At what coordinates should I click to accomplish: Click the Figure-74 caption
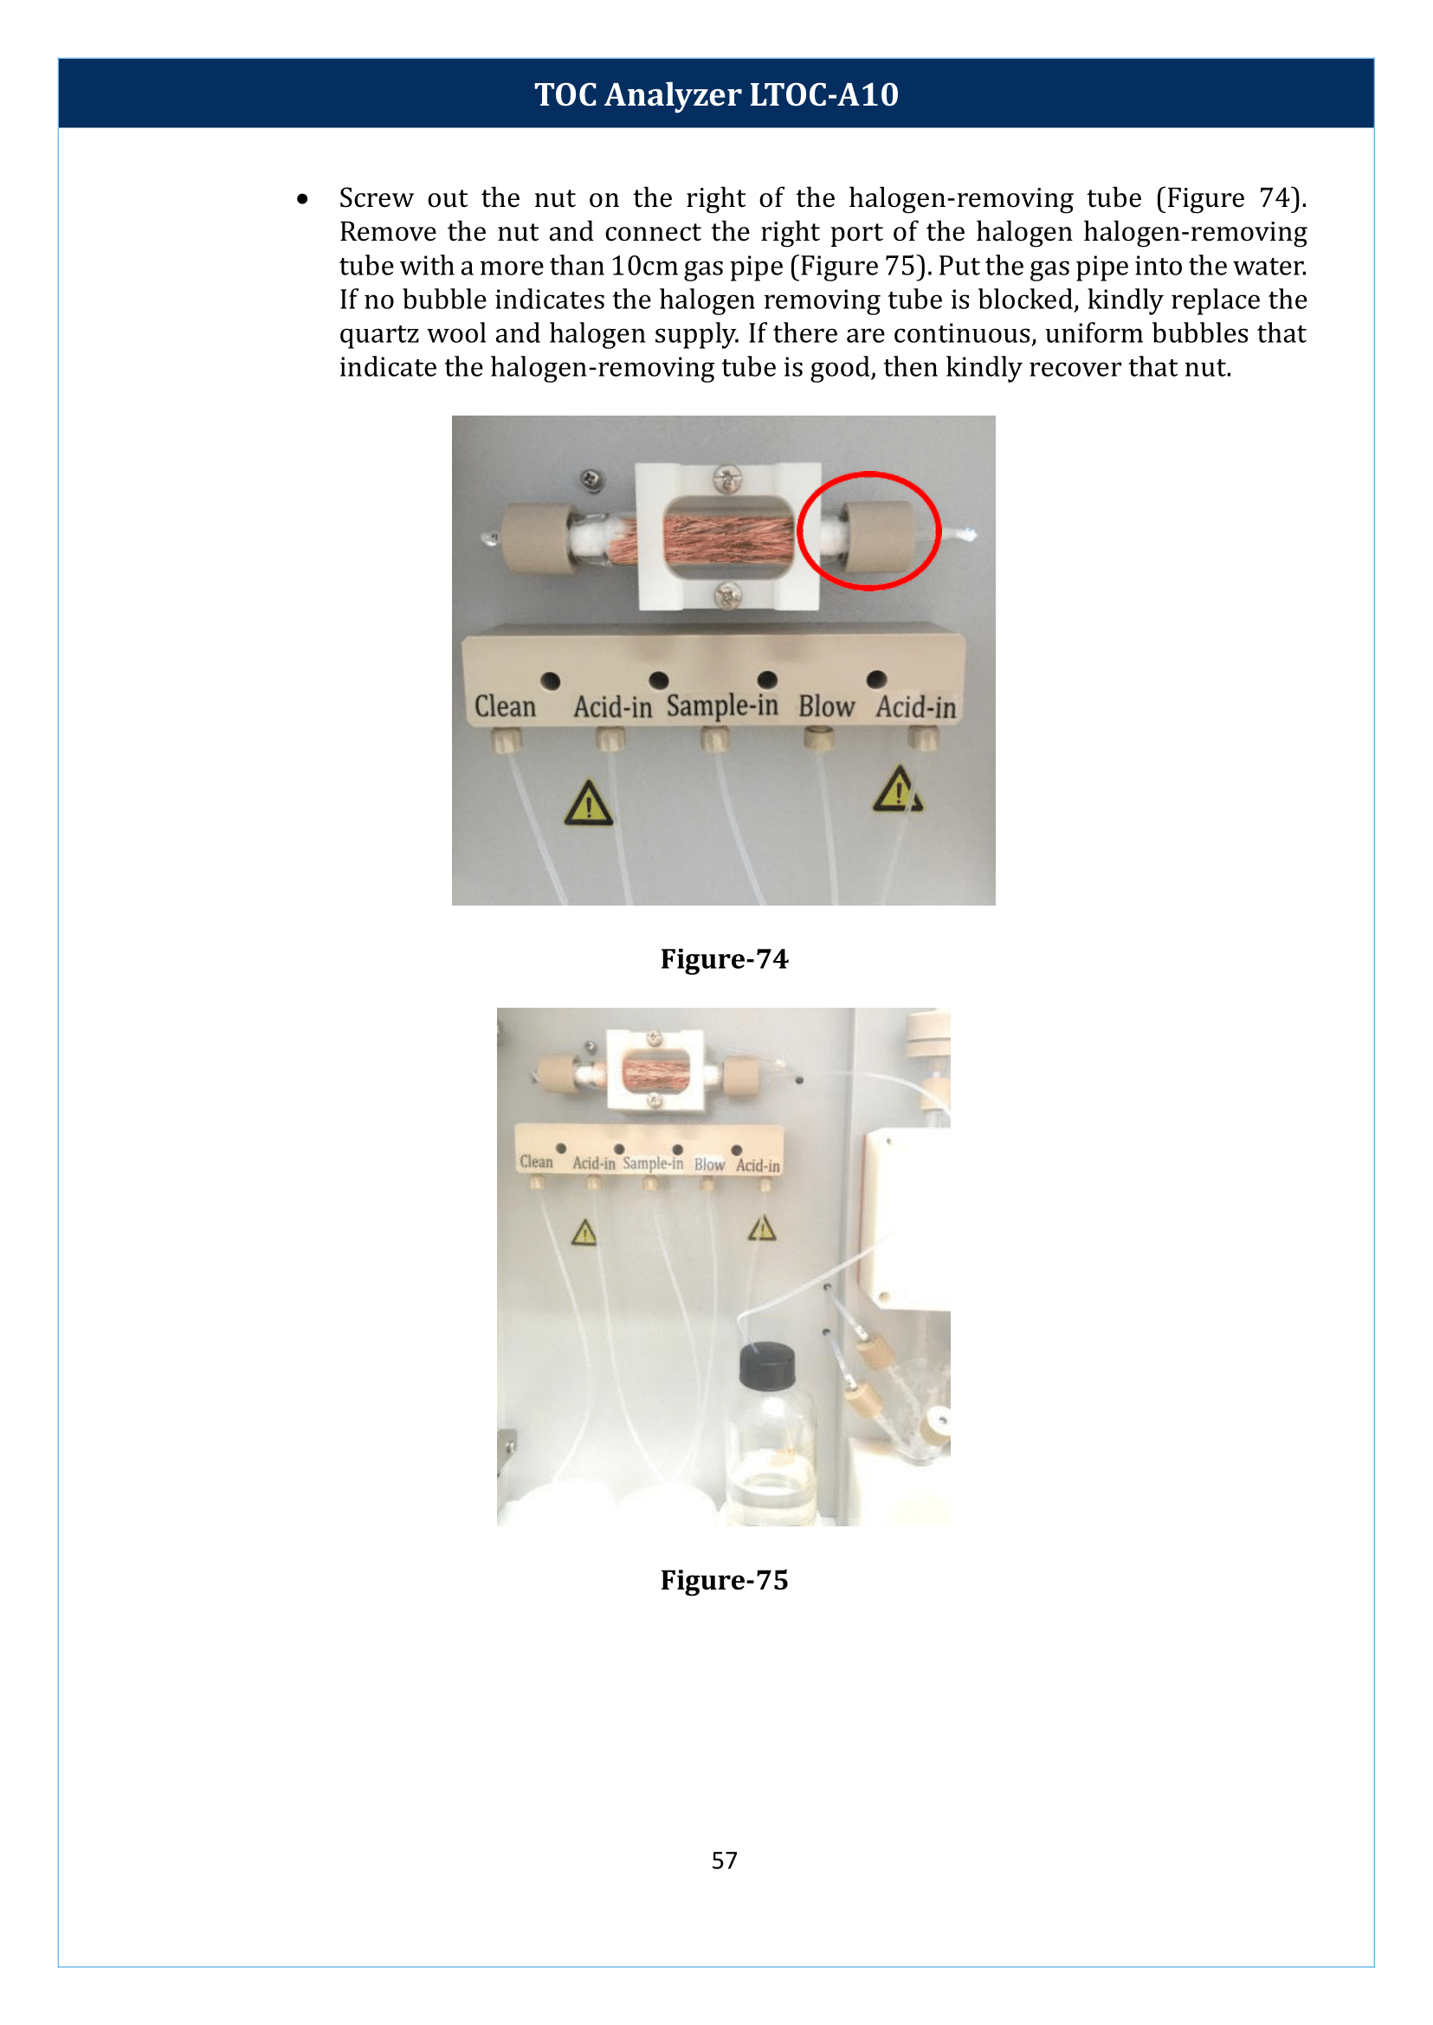(x=724, y=958)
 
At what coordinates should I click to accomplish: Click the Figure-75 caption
(x=724, y=1579)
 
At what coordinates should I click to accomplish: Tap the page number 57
(x=724, y=1860)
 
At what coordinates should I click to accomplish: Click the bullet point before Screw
(x=303, y=199)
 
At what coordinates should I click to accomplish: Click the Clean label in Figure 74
(x=505, y=706)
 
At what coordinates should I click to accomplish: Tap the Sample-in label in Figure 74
(x=722, y=706)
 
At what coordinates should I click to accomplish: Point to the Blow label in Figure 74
(x=826, y=706)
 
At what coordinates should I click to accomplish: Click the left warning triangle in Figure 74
(x=589, y=804)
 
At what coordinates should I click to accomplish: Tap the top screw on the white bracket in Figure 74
(x=727, y=480)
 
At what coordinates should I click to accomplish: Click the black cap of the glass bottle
(x=767, y=1365)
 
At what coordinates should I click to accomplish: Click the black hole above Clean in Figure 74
(x=551, y=680)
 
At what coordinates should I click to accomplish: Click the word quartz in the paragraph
(x=379, y=333)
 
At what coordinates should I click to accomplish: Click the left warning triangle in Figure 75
(x=584, y=1233)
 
